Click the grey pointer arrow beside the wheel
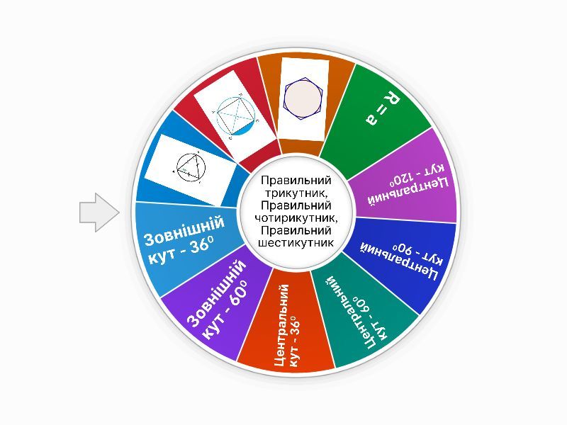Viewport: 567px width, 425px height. coord(99,212)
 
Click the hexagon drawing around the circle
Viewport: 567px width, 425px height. coord(303,98)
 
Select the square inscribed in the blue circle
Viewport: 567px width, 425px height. coord(236,115)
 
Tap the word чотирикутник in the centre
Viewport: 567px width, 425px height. coord(296,218)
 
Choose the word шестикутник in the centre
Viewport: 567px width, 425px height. coord(296,243)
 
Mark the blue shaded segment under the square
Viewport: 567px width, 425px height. coord(243,129)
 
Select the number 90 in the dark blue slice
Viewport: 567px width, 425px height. coord(401,249)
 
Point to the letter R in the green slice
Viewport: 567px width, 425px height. coord(392,98)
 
